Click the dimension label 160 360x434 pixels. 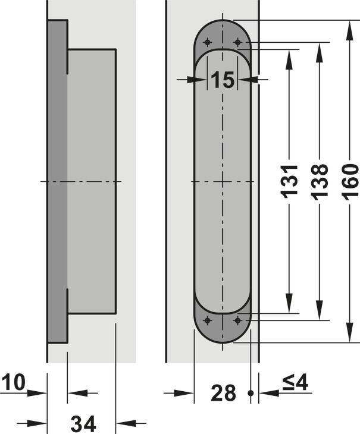pyautogui.click(x=350, y=181)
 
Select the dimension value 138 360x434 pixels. pyautogui.click(x=320, y=182)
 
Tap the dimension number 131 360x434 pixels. pyautogui.click(x=289, y=181)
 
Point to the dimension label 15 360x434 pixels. pyautogui.click(x=223, y=80)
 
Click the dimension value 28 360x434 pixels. pyautogui.click(x=223, y=393)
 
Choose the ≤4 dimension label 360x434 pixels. pyautogui.click(x=295, y=383)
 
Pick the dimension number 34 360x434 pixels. pyautogui.click(x=83, y=423)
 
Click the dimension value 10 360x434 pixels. pyautogui.click(x=13, y=382)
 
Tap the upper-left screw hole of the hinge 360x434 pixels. pyautogui.click(x=207, y=42)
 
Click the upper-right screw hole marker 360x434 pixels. pyautogui.click(x=237, y=42)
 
